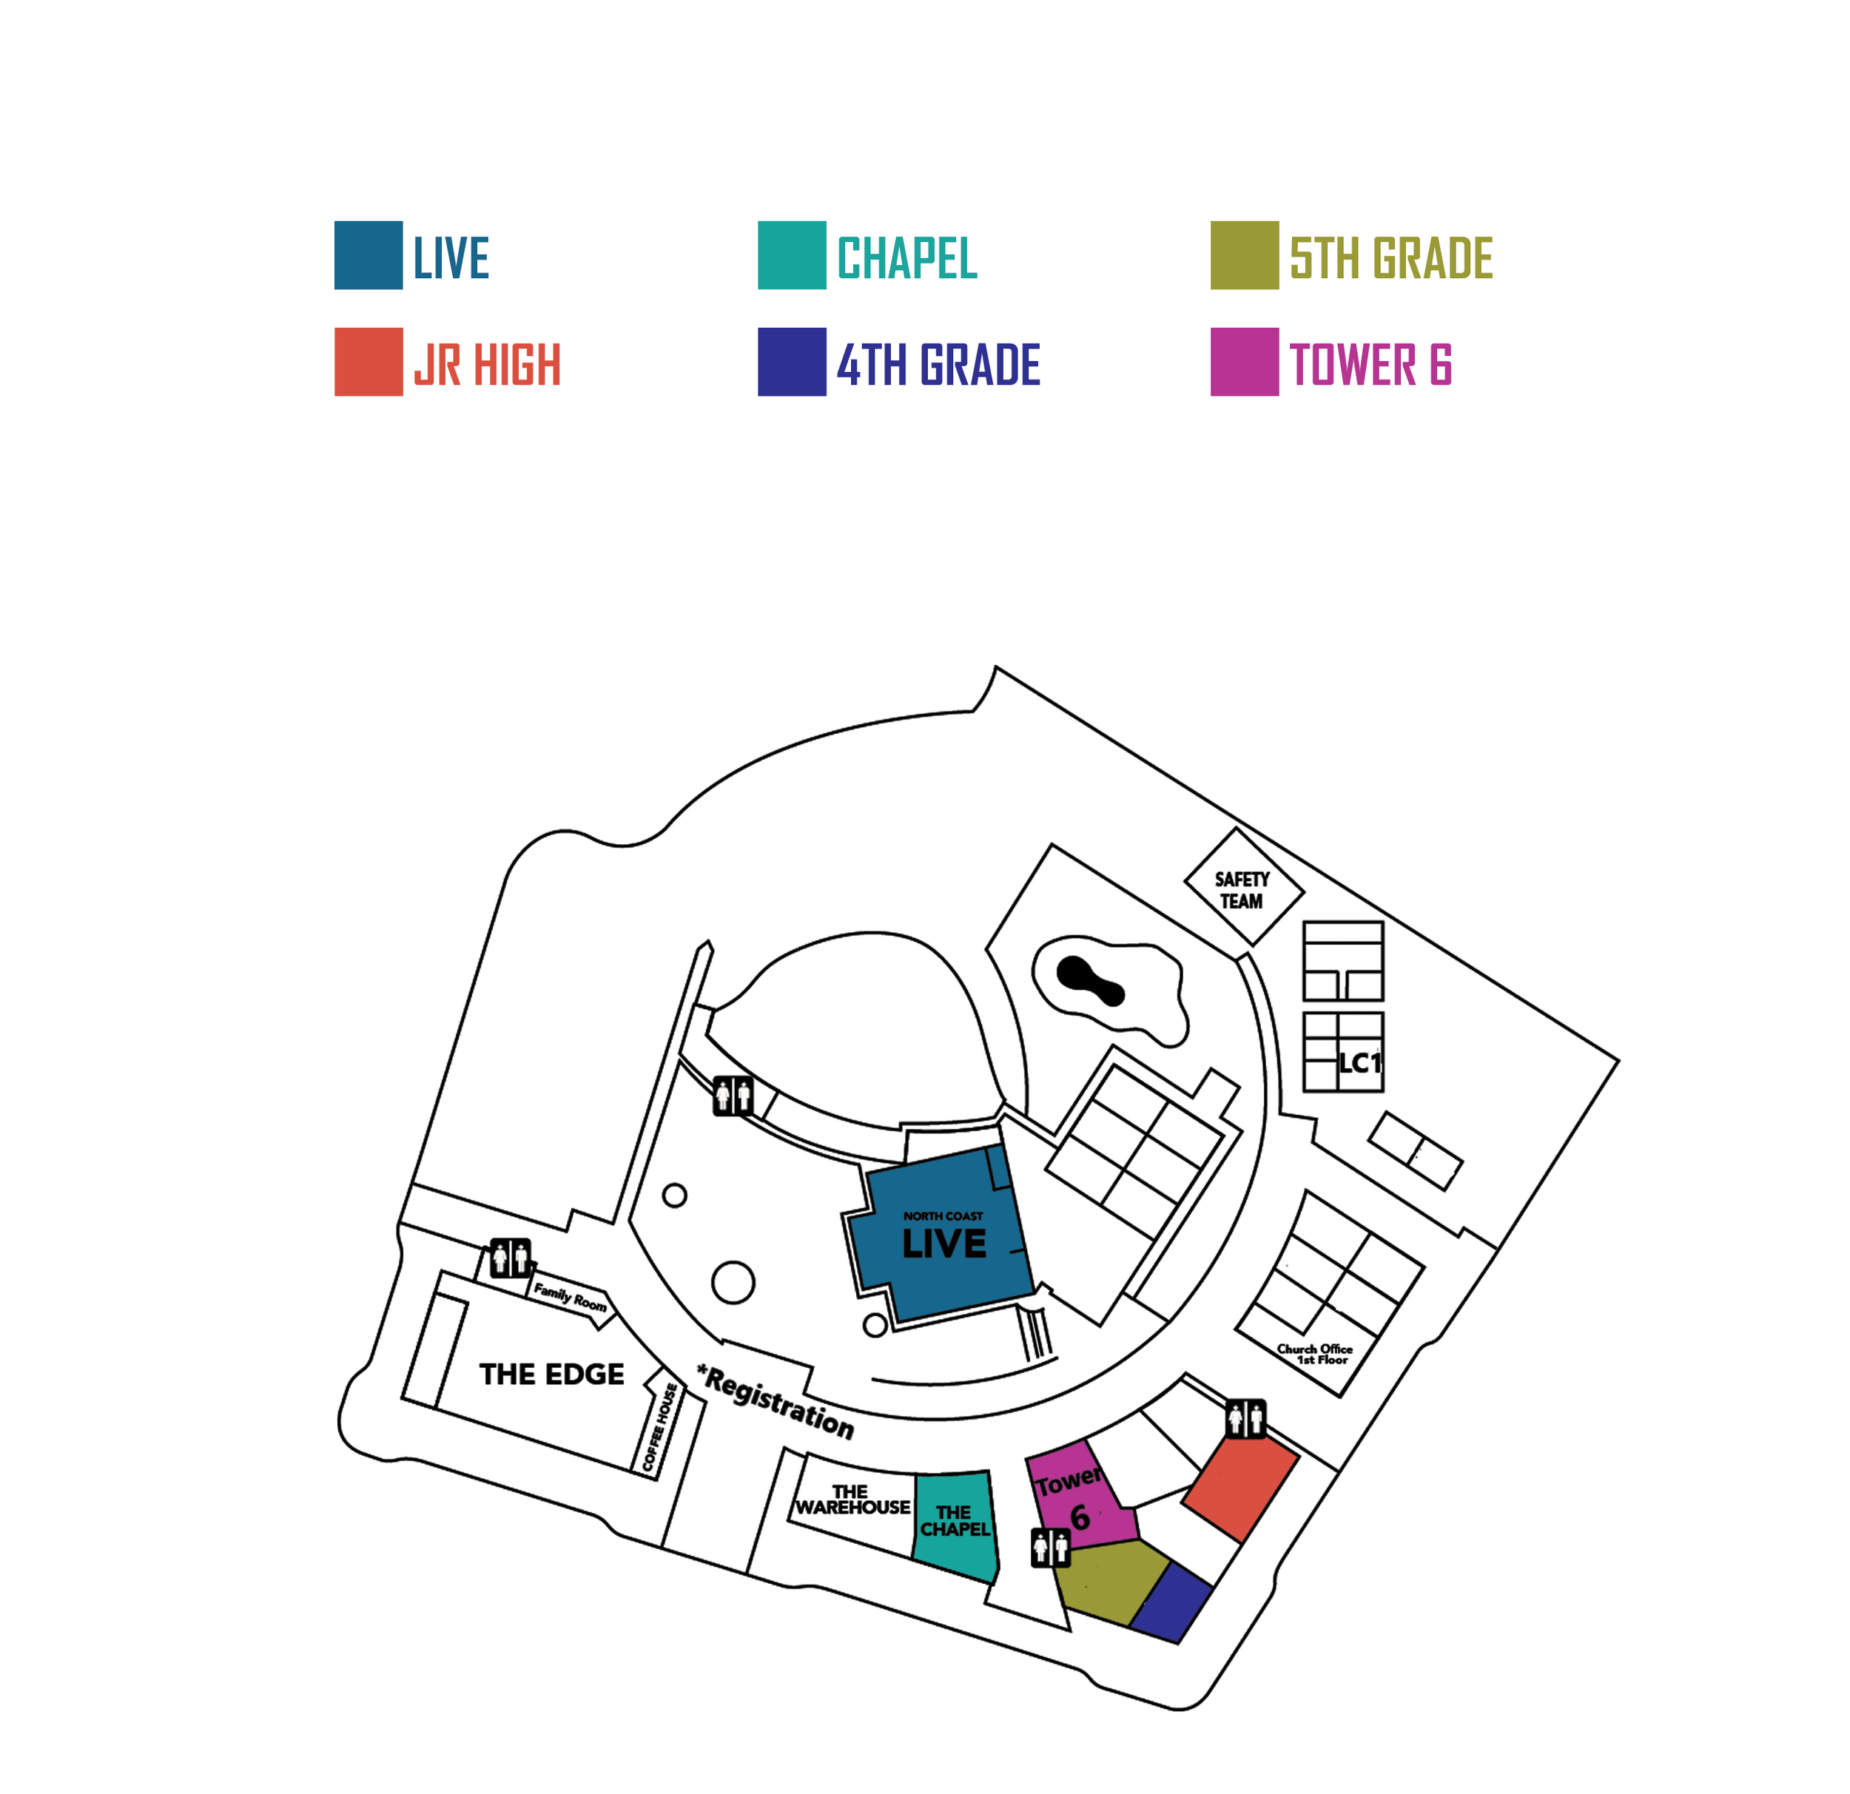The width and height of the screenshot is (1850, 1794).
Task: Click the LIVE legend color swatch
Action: pos(368,254)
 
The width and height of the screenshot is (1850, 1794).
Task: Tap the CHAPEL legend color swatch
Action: pos(791,254)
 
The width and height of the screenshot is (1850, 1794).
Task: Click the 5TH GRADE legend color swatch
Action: pos(1244,254)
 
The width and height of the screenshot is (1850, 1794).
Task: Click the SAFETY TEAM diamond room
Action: pos(1244,887)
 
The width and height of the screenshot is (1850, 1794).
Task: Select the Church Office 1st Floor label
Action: pos(1316,1355)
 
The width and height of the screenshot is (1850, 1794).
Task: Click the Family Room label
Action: pos(570,1295)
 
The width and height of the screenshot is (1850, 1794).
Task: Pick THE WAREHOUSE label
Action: pos(852,1500)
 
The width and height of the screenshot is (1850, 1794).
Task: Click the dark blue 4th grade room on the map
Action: pos(1171,1602)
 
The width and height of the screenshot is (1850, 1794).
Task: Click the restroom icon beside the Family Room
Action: pos(510,1257)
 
